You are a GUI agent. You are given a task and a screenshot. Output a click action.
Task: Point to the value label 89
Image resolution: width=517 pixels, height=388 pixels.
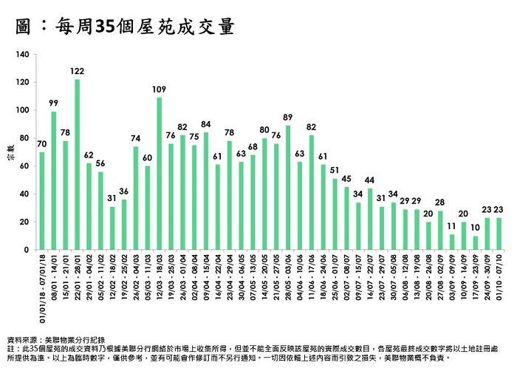[x=288, y=117]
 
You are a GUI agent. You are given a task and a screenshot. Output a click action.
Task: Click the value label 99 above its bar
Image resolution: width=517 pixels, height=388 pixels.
[x=53, y=103]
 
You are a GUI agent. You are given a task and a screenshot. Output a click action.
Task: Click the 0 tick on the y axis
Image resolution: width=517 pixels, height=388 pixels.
[x=27, y=250]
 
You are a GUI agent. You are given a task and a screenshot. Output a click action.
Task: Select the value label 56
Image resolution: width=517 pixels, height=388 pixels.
[x=100, y=163]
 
